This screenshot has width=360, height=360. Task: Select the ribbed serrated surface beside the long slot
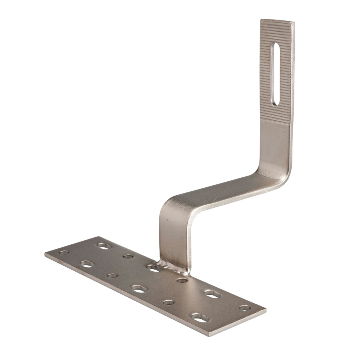[266, 80]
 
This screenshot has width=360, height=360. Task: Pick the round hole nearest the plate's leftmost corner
[64, 252]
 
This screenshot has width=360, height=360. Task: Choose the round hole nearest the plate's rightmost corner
[244, 308]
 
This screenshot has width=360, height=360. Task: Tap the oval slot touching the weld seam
[154, 267]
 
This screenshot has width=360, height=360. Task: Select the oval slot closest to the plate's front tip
[200, 318]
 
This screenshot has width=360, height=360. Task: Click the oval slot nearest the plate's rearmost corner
[104, 245]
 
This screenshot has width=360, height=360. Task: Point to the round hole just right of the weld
[182, 280]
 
